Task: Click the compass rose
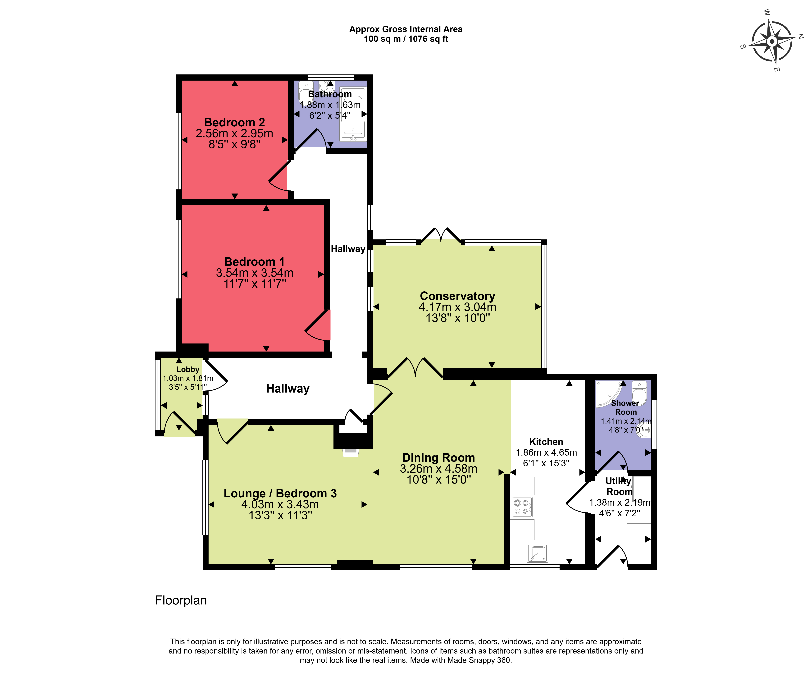click(772, 41)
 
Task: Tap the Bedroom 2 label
click(234, 122)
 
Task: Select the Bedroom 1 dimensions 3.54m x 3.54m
click(254, 273)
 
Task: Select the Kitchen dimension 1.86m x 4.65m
click(546, 452)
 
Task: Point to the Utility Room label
click(619, 486)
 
